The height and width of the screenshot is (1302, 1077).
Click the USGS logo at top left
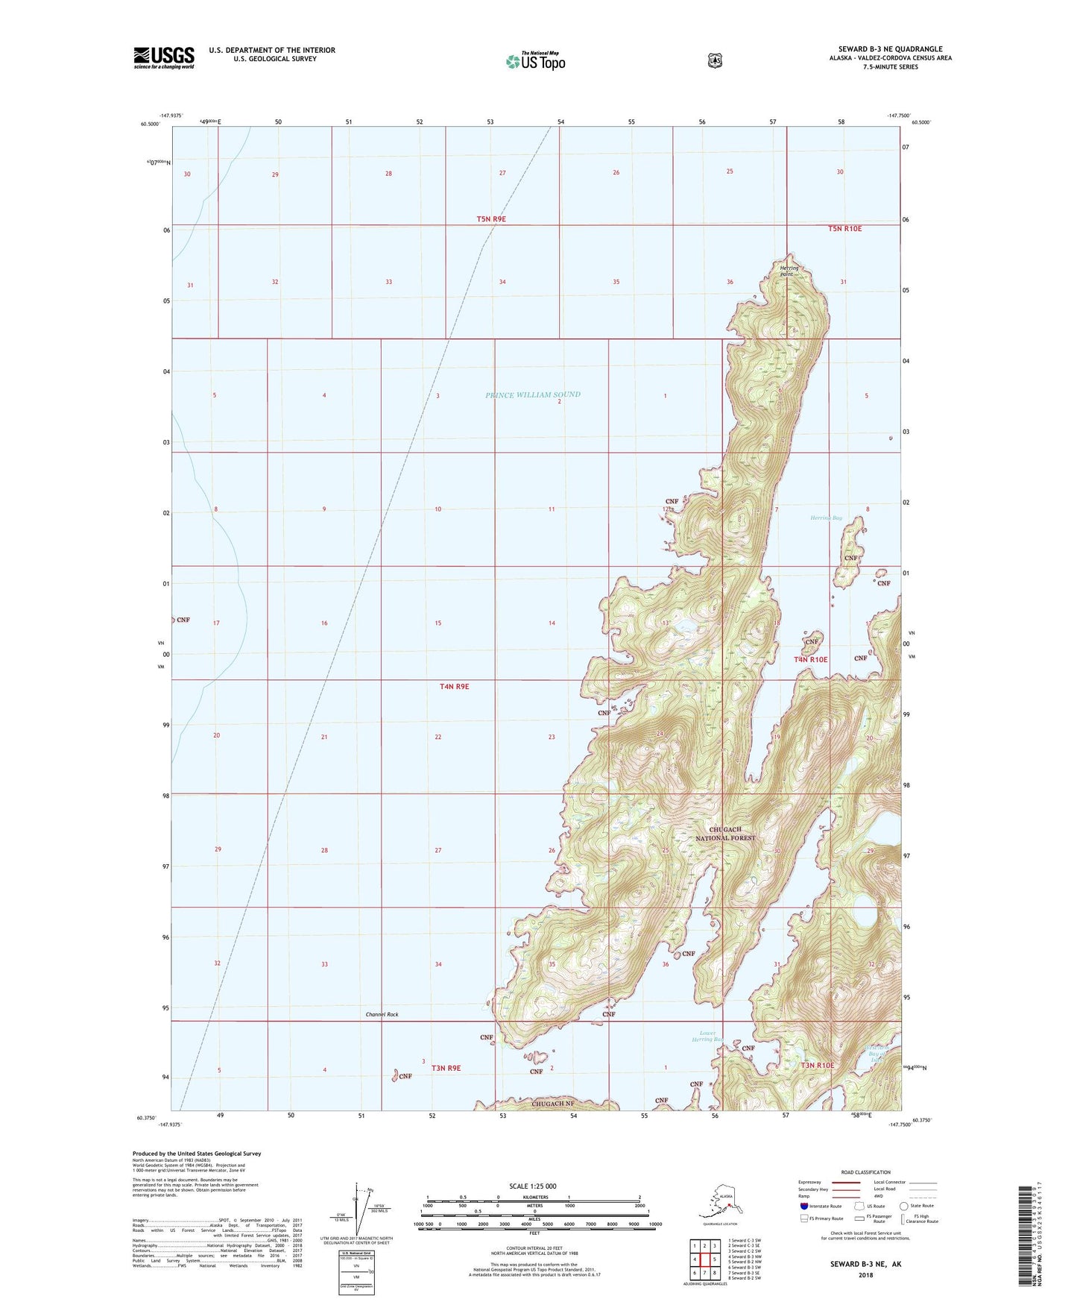pos(163,57)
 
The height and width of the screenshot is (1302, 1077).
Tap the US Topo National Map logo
pos(535,61)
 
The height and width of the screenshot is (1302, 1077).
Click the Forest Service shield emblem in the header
pos(714,60)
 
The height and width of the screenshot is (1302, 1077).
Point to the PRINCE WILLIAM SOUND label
pos(532,394)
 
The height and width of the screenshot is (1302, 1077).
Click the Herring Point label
pos(789,271)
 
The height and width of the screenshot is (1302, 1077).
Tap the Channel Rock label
pos(382,1014)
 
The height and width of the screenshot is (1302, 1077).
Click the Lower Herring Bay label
pos(707,1036)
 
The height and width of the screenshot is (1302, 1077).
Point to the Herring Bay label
pos(826,518)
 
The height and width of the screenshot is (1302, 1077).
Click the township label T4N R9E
pos(454,686)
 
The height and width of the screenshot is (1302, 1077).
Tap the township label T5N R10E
pos(844,228)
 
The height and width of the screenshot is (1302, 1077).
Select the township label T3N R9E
pos(446,1068)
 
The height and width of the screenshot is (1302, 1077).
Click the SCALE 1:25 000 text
pos(532,1186)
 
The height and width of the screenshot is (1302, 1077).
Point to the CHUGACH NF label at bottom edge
pos(552,1103)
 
